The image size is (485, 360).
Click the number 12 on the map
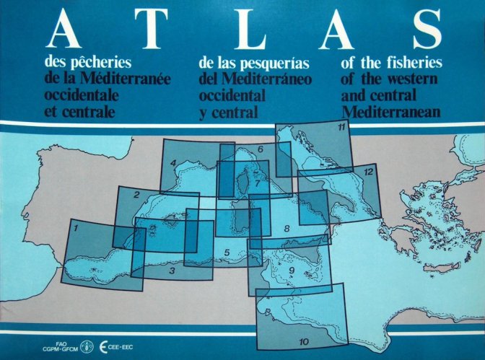pyautogui.click(x=368, y=172)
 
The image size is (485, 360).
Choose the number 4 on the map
pyautogui.click(x=173, y=163)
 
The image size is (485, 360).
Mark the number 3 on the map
pyautogui.click(x=172, y=271)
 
